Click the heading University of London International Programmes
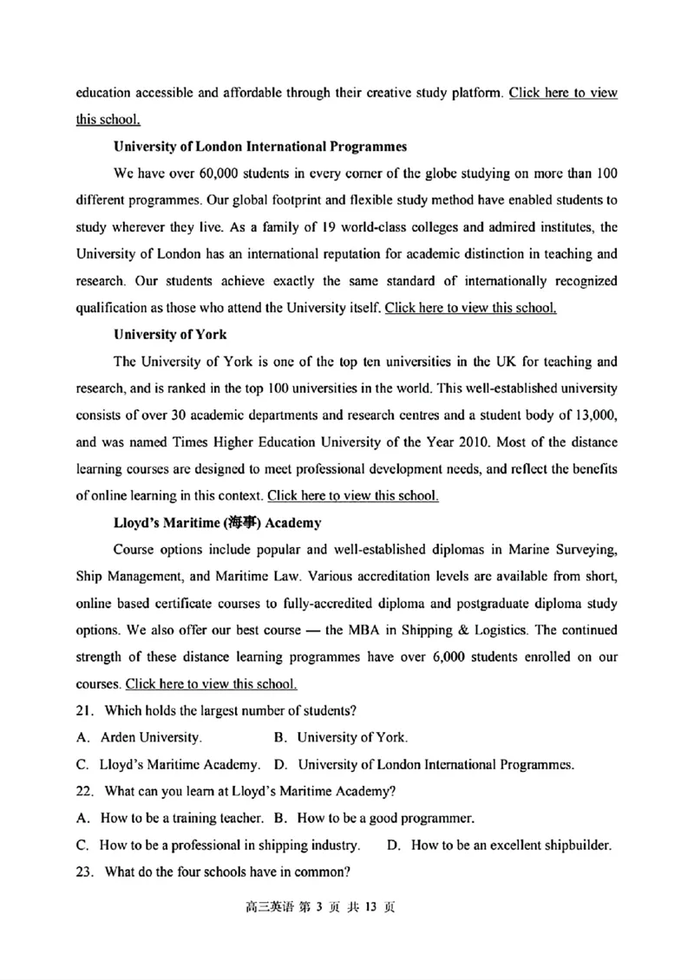(260, 146)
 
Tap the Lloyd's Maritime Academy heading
(218, 523)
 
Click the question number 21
(84, 711)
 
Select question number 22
(84, 791)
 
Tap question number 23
(84, 872)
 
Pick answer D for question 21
(424, 765)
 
